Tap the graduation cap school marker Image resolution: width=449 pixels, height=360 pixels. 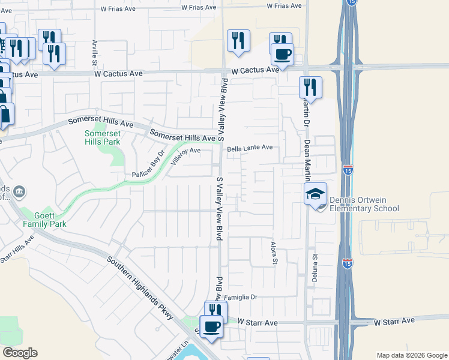click(316, 194)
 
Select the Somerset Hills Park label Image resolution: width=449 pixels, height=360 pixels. click(102, 137)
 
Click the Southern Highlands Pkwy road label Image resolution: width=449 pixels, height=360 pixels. click(142, 288)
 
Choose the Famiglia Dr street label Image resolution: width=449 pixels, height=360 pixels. click(240, 297)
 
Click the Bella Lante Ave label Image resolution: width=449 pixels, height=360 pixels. click(249, 147)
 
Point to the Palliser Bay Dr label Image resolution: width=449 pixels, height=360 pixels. click(148, 168)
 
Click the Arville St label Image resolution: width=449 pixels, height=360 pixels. click(95, 52)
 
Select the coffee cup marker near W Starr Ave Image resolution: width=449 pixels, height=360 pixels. click(211, 327)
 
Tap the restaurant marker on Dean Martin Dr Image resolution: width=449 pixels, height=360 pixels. click(310, 87)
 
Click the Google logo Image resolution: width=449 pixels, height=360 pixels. click(20, 353)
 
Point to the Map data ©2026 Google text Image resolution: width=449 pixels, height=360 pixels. click(411, 355)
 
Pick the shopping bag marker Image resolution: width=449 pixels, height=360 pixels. click(5, 115)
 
